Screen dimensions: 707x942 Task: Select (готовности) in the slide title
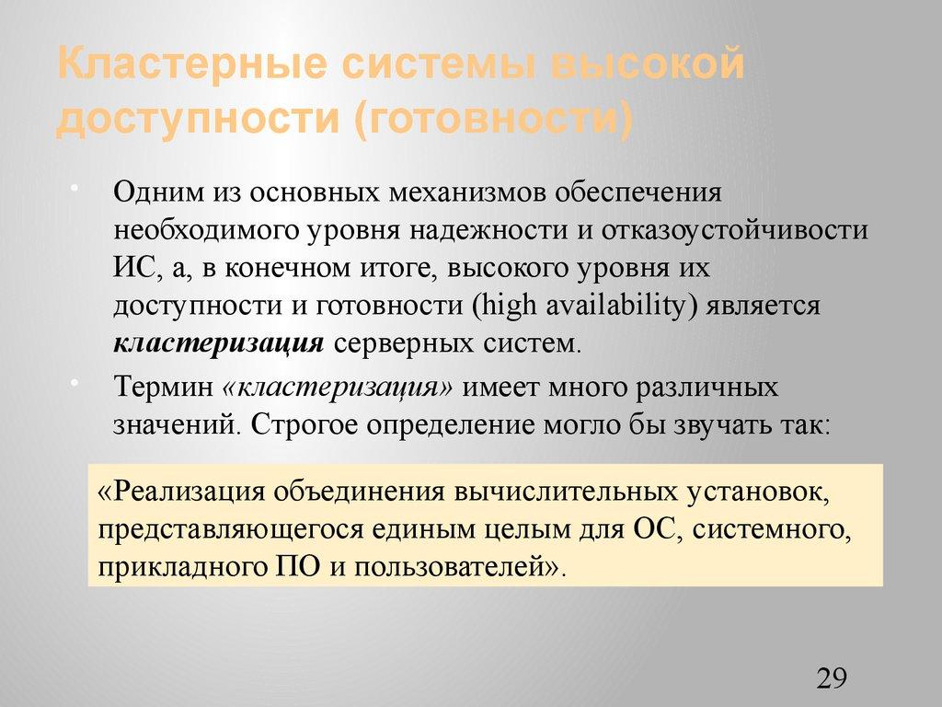pos(488,121)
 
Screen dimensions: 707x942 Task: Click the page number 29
pos(831,679)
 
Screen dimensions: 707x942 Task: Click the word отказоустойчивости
pos(735,230)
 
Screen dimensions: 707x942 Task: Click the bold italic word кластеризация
pos(218,343)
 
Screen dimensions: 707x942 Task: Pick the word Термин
pos(163,388)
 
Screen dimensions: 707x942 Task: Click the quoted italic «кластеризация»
pos(338,388)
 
